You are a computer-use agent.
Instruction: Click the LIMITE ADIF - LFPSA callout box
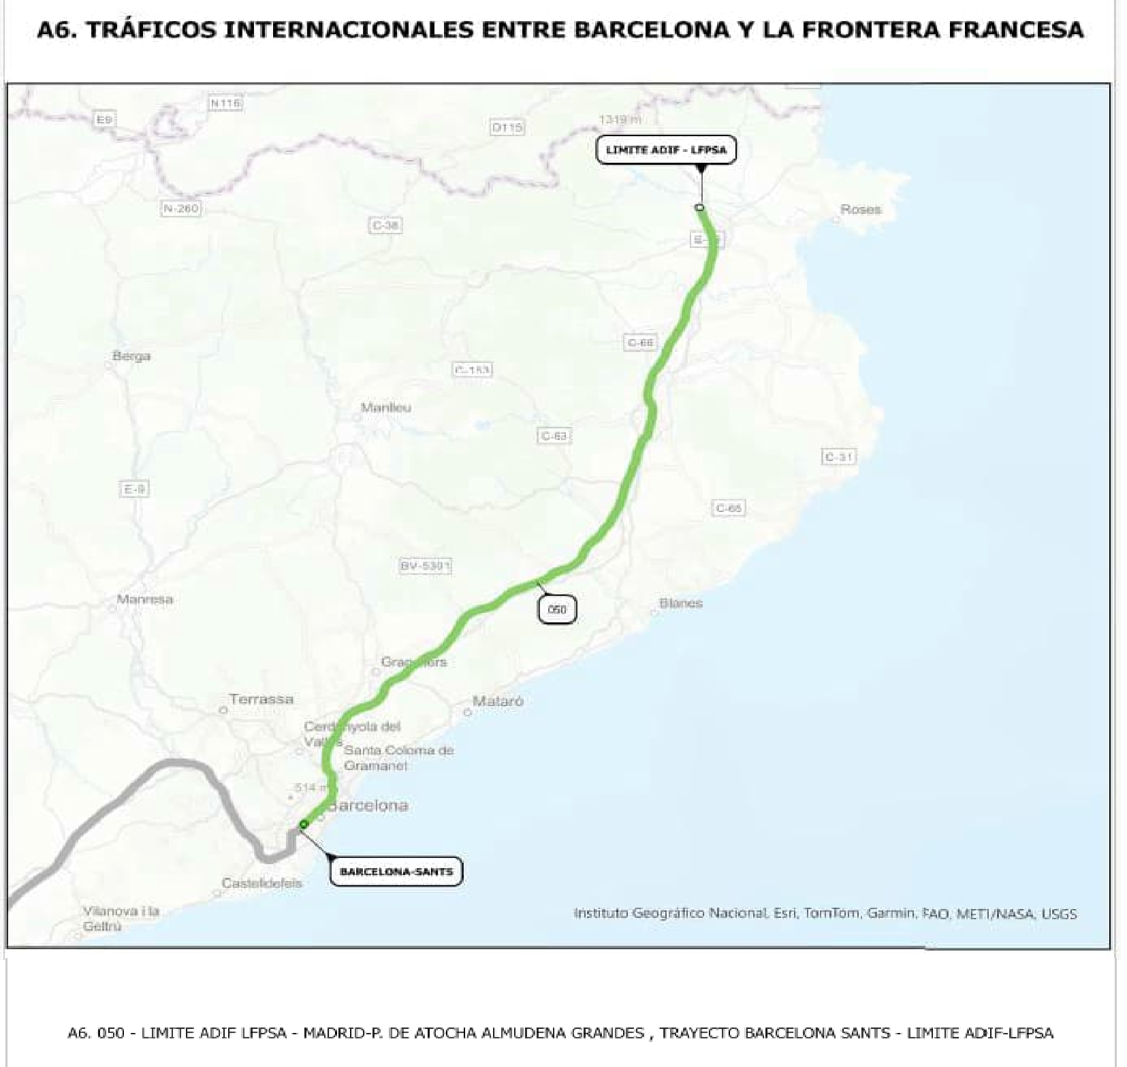point(666,150)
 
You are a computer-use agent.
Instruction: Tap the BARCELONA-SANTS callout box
point(396,871)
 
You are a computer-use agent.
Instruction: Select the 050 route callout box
point(557,609)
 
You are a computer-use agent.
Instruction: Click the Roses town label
point(860,210)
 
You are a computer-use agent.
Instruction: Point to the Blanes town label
point(680,603)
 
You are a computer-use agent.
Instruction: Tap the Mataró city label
point(498,701)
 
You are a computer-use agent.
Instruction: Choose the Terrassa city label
point(261,699)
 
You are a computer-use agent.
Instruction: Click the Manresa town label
point(144,599)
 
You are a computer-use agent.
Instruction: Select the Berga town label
point(131,355)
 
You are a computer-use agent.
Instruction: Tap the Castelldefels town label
point(261,883)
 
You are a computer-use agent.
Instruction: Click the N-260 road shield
point(180,208)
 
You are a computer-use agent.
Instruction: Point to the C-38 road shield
point(385,225)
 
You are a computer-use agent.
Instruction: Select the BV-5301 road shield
point(426,565)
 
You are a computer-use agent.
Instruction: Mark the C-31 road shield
point(839,457)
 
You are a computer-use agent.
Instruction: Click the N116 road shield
point(225,103)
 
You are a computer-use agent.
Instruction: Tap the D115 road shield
point(507,127)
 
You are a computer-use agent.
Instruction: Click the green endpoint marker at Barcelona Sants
point(304,824)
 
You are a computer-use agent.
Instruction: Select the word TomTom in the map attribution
point(831,913)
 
